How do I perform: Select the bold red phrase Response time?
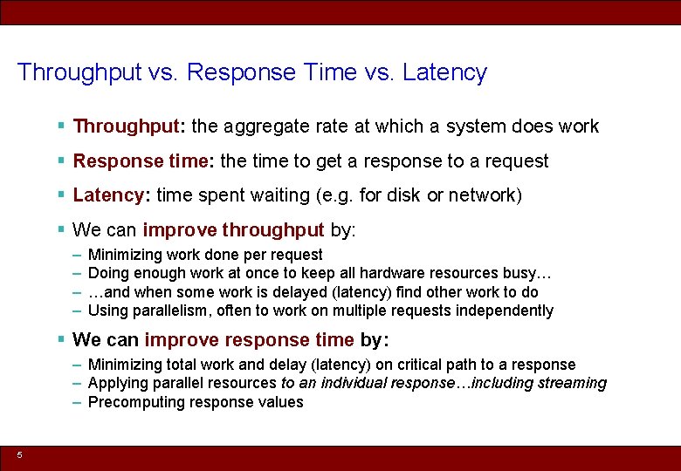(144, 161)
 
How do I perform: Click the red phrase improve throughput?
(233, 230)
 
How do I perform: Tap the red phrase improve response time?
(249, 339)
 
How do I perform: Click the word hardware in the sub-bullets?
(376, 273)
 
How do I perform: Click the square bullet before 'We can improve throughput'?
(61, 230)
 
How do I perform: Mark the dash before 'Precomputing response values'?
(78, 402)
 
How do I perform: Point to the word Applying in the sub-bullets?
(115, 383)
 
